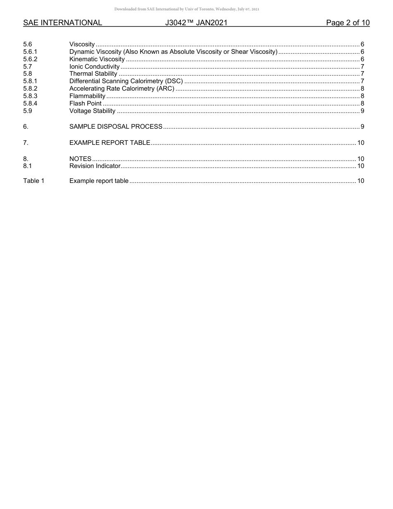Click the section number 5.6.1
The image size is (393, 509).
click(30, 52)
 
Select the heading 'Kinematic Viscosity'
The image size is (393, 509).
click(97, 59)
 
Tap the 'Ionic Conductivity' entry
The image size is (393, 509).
click(94, 67)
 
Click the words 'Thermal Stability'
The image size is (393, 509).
click(93, 74)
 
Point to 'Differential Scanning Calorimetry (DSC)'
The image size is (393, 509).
click(126, 81)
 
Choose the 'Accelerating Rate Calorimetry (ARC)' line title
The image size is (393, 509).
click(122, 89)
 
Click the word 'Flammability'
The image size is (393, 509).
click(87, 96)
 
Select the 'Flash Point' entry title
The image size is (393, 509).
click(85, 103)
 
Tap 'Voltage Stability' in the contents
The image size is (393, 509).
click(92, 111)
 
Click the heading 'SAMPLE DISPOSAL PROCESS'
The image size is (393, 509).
click(116, 127)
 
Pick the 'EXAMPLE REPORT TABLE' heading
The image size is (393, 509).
click(110, 143)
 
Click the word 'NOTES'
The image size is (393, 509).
click(80, 159)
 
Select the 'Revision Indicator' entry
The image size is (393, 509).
click(95, 166)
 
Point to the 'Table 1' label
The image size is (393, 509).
click(34, 181)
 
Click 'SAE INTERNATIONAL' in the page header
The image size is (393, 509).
click(62, 23)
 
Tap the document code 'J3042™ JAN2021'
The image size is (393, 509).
click(196, 23)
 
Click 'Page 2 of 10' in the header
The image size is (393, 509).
click(347, 23)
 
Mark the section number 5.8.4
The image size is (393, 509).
click(30, 103)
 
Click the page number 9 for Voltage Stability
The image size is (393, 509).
click(362, 111)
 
